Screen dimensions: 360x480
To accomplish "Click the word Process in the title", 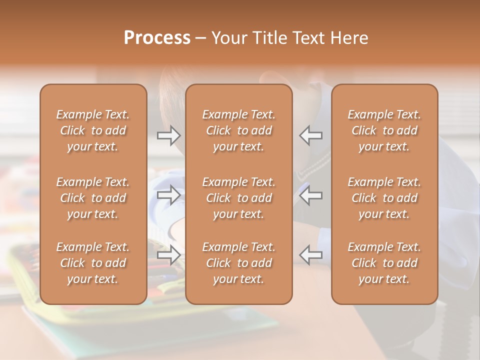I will pos(157,38).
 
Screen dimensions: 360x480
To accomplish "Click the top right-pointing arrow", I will pos(168,135).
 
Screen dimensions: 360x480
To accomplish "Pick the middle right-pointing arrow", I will pos(168,195).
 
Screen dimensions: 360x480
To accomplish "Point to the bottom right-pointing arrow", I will pos(168,255).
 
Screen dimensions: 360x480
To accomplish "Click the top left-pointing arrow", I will pos(311,135).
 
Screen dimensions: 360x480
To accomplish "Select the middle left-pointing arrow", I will pos(311,195).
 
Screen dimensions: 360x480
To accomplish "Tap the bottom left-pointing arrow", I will pos(311,255).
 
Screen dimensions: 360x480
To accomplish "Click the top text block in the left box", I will pos(93,130).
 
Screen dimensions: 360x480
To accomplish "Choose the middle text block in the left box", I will pos(93,198).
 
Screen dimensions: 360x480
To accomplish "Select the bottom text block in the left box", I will pos(93,263).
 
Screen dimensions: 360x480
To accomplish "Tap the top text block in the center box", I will pos(239,130).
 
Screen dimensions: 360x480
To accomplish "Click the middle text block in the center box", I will pos(239,198).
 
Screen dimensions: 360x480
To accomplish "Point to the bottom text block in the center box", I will pos(239,263).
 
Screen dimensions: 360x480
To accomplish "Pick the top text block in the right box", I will pos(384,130).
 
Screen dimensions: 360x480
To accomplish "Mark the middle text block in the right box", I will pos(384,198).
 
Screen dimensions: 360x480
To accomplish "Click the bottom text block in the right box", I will pos(384,263).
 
